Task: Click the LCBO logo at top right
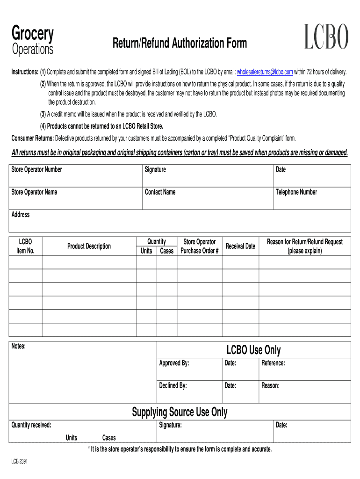(326, 37)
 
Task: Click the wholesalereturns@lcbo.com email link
(265, 72)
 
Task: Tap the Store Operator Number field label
(36, 169)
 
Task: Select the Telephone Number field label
(296, 192)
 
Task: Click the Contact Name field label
(160, 192)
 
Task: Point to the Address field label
(20, 215)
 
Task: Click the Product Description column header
(89, 246)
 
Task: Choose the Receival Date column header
(240, 246)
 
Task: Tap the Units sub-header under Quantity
(146, 251)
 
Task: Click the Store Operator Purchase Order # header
(200, 246)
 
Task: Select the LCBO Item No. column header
(25, 246)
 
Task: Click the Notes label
(18, 346)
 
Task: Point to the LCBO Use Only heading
(253, 350)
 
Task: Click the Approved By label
(174, 363)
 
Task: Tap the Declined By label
(173, 385)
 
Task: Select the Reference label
(273, 363)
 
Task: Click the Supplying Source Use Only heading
(180, 412)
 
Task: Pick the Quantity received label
(31, 425)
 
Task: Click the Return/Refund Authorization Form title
(179, 44)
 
